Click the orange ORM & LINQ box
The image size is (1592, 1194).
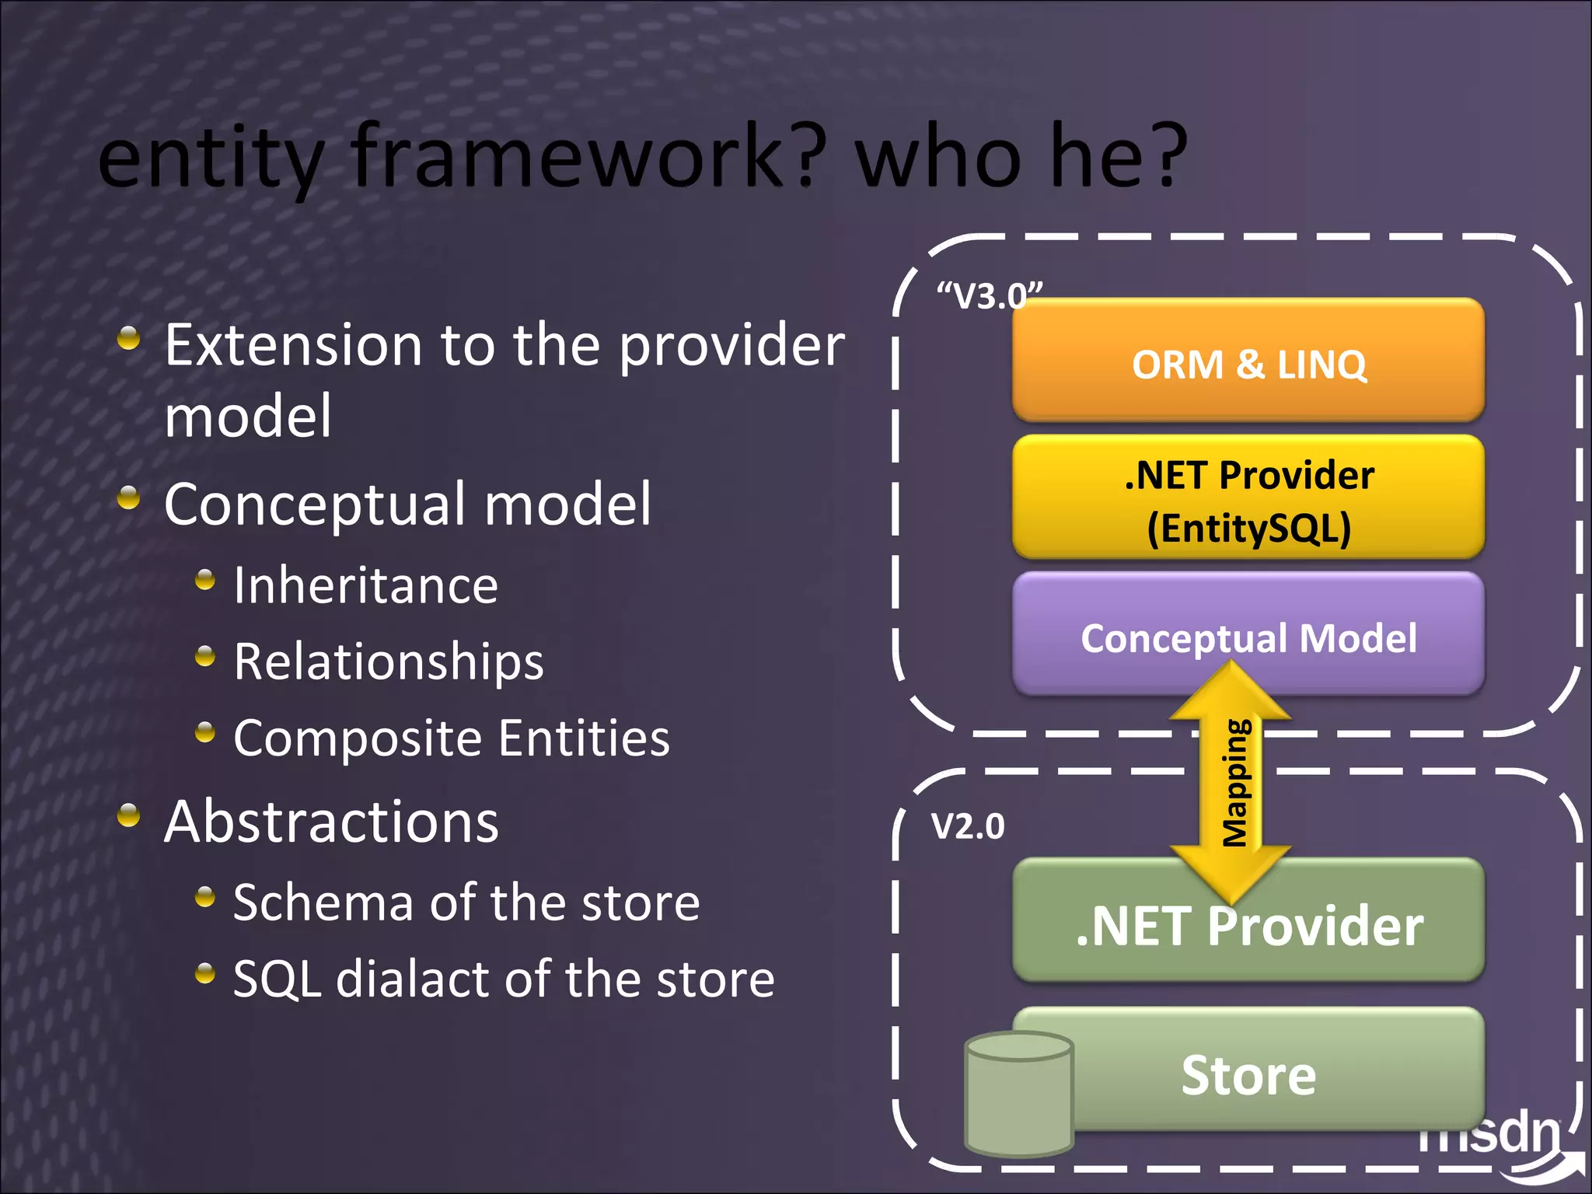point(1248,362)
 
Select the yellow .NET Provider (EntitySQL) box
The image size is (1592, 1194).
point(1248,498)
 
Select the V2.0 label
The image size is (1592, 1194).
point(968,826)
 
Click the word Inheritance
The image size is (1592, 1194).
point(365,585)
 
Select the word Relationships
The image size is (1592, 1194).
point(389,662)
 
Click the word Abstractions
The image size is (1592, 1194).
point(331,822)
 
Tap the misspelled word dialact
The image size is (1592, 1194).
point(412,979)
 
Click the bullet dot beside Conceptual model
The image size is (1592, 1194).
point(129,497)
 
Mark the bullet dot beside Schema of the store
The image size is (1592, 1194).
point(205,897)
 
